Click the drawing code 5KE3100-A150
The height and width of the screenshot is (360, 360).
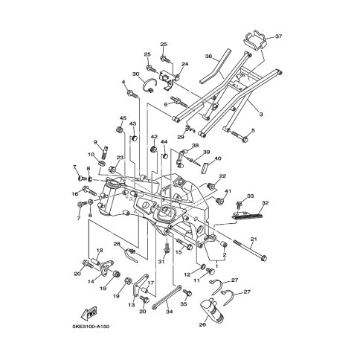[x=91, y=327]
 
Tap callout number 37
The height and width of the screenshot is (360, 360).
[x=278, y=36]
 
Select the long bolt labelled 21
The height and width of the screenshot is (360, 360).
[x=250, y=250]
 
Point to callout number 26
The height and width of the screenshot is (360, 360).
[x=203, y=324]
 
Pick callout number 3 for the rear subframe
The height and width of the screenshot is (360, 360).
[x=261, y=115]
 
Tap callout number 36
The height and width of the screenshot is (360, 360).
[x=209, y=57]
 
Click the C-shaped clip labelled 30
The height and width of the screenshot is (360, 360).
[x=150, y=85]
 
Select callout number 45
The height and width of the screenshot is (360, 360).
[x=123, y=118]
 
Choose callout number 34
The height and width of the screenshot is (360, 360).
[x=170, y=312]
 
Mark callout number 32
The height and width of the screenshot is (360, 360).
[x=265, y=202]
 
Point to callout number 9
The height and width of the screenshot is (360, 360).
[x=96, y=142]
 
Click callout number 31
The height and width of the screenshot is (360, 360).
[x=162, y=262]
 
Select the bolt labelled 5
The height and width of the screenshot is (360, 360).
[x=238, y=136]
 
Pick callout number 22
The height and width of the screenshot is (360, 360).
[x=222, y=176]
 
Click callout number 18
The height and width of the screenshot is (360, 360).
[x=100, y=250]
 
